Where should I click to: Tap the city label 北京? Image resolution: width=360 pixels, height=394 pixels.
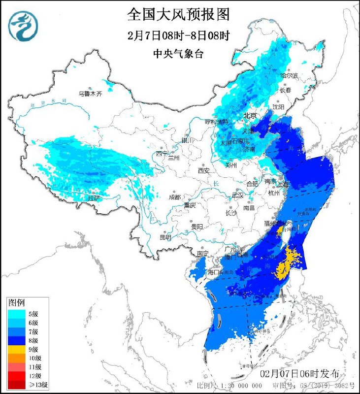tap(250, 116)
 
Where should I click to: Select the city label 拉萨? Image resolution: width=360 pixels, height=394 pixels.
tap(94, 198)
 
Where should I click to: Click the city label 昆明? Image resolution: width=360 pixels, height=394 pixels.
tap(165, 237)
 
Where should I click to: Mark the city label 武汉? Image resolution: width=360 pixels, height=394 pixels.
tap(238, 195)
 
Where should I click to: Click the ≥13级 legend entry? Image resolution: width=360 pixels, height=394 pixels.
tap(22, 384)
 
